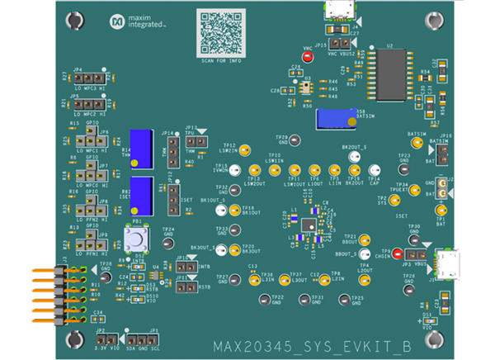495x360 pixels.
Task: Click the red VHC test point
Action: (308, 58)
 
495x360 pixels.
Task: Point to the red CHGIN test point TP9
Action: (398, 255)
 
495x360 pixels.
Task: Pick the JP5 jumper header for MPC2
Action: (88, 105)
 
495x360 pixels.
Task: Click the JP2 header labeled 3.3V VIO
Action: (105, 333)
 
